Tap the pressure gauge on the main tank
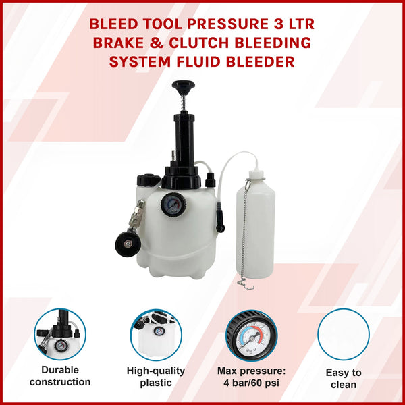pyautogui.click(x=172, y=203)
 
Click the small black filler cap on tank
pyautogui.click(x=146, y=181)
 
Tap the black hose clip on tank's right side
pyautogui.click(x=219, y=220)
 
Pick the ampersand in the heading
pyautogui.click(x=176, y=43)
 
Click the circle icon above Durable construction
pyautogui.click(x=59, y=333)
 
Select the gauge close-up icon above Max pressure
pyautogui.click(x=250, y=333)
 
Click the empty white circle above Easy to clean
pyautogui.click(x=344, y=333)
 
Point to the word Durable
pyautogui.click(x=59, y=370)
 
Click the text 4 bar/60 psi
pyautogui.click(x=251, y=382)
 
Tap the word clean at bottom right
pyautogui.click(x=344, y=385)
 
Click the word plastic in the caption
pyautogui.click(x=157, y=382)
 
